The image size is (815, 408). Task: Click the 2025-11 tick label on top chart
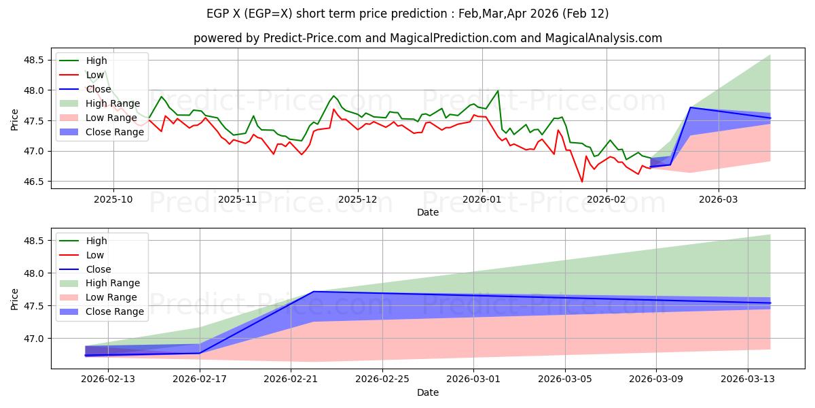[x=237, y=199]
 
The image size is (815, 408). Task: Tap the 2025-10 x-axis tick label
[x=113, y=199]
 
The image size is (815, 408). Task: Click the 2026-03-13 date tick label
[x=747, y=379]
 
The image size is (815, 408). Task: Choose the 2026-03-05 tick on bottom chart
[x=565, y=379]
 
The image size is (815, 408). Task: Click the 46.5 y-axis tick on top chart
[x=35, y=182]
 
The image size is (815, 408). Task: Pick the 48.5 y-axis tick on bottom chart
[x=35, y=241]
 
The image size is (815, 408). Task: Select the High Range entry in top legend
[x=112, y=103]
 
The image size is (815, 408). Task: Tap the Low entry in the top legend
[x=95, y=75]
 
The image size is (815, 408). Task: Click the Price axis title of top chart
[x=15, y=121]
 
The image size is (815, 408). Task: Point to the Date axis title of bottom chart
[x=428, y=392]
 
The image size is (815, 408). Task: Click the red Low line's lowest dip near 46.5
[x=581, y=182]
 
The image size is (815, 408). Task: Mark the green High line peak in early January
[x=498, y=90]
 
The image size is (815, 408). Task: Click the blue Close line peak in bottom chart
[x=314, y=292]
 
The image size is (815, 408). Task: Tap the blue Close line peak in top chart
[x=691, y=107]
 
